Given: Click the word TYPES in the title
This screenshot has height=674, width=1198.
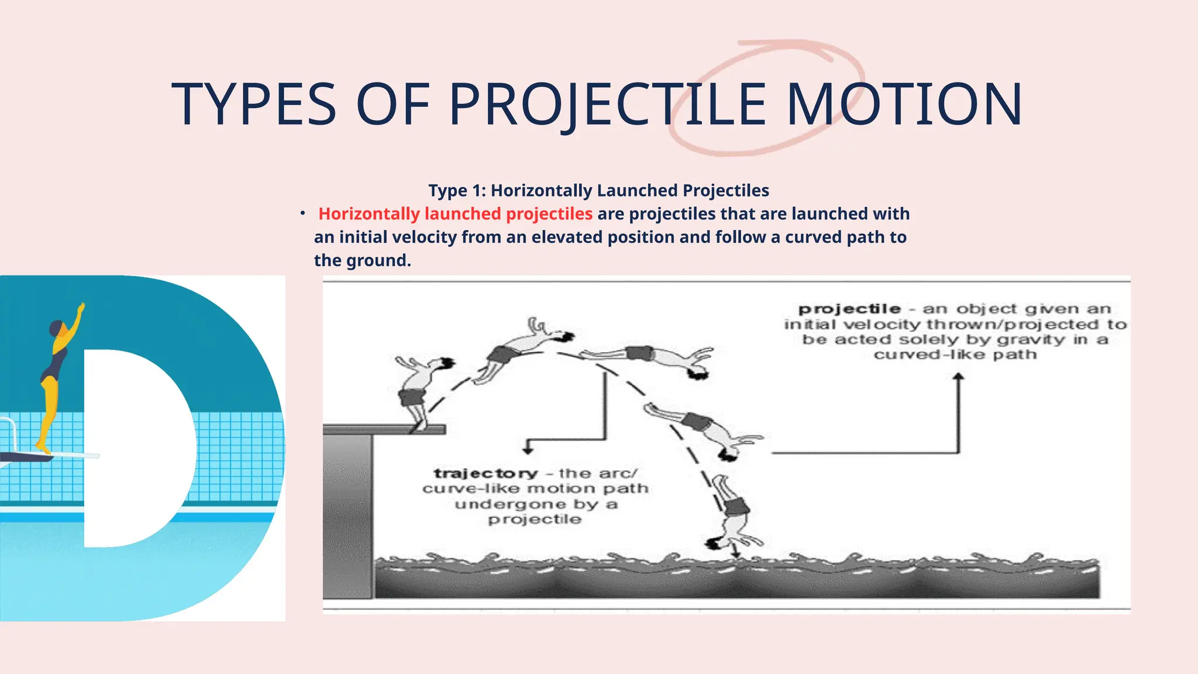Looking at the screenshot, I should pyautogui.click(x=254, y=104).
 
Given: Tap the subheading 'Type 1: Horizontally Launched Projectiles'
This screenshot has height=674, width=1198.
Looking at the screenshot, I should pyautogui.click(x=598, y=191).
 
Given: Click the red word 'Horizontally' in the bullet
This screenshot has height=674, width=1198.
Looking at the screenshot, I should pyautogui.click(x=369, y=214).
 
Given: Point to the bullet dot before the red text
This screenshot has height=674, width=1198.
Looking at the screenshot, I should pyautogui.click(x=302, y=214).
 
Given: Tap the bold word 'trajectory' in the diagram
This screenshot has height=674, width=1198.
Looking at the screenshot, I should pyautogui.click(x=486, y=473).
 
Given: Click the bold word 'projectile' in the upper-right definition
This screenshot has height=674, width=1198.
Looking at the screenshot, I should pyautogui.click(x=849, y=309).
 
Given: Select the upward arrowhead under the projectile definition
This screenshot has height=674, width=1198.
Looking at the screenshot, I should pyautogui.click(x=958, y=377).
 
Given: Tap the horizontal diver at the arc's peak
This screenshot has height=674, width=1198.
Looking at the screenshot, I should pyautogui.click(x=649, y=356).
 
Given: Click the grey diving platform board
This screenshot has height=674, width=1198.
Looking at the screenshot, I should pyautogui.click(x=384, y=430).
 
